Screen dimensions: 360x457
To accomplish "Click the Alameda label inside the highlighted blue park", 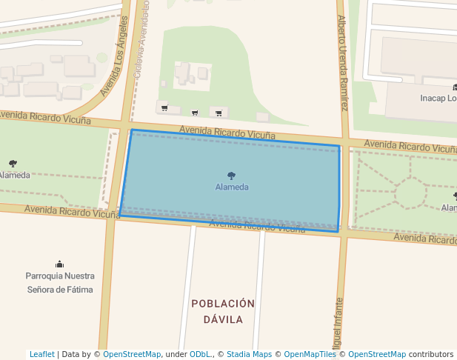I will (x=232, y=187).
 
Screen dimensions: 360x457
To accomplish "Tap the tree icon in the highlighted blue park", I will (x=232, y=176).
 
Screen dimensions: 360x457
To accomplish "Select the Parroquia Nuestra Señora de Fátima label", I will (x=59, y=282).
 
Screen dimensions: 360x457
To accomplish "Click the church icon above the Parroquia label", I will (x=59, y=264).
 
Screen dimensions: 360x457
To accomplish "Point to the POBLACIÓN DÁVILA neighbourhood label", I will (x=223, y=312).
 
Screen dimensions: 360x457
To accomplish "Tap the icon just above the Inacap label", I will (x=454, y=87).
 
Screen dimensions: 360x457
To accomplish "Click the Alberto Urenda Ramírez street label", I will (x=343, y=63).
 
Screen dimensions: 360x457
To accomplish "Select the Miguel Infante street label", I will (x=338, y=326).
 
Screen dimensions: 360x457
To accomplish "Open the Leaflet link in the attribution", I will (x=41, y=354).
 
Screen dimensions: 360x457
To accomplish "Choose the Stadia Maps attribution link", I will (x=249, y=354).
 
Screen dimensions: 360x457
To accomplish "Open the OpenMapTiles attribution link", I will (x=310, y=354).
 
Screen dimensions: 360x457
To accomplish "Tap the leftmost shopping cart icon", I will (x=164, y=108).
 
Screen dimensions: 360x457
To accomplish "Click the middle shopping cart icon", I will (x=195, y=113).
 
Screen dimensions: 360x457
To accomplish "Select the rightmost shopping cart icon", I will (x=219, y=113).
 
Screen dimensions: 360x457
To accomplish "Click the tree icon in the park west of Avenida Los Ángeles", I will (x=13, y=163).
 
